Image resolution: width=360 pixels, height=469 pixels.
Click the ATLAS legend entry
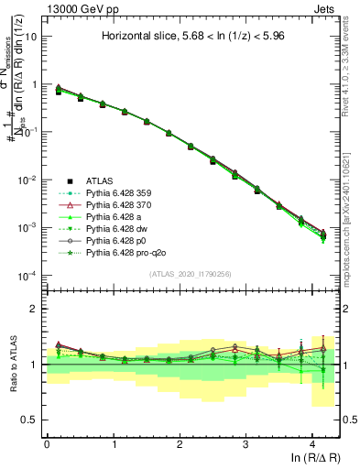tap(108, 180)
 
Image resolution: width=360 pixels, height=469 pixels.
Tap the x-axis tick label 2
tap(180, 444)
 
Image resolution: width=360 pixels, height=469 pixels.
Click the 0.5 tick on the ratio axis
tap(32, 420)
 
